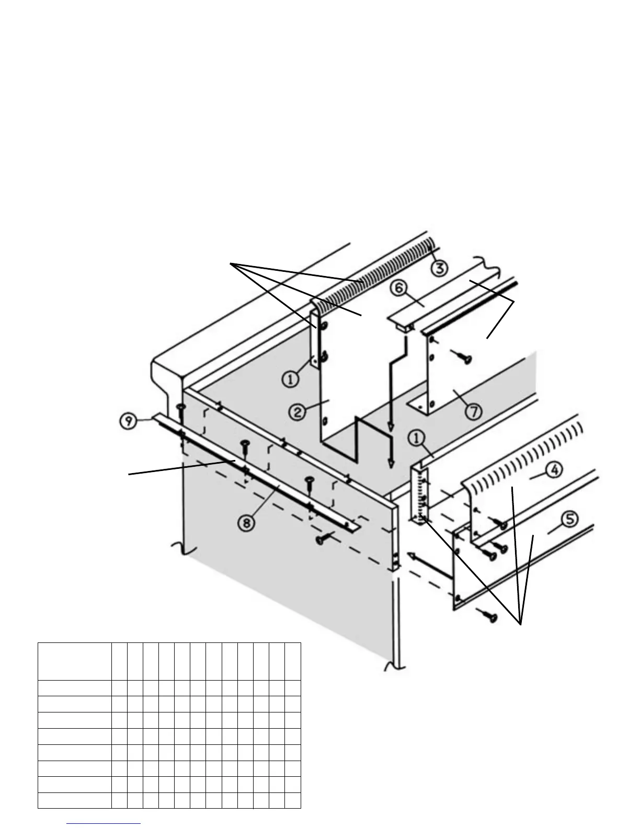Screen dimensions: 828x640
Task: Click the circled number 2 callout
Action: pyautogui.click(x=298, y=411)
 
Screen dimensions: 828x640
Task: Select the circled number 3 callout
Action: pyautogui.click(x=439, y=268)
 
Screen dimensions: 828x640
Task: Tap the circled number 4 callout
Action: pyautogui.click(x=554, y=470)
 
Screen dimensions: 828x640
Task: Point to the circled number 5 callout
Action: pyautogui.click(x=569, y=519)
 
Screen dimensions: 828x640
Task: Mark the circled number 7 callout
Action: pyautogui.click(x=474, y=411)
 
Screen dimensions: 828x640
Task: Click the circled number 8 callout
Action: pyautogui.click(x=247, y=522)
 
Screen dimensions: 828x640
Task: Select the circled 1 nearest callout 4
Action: pyautogui.click(x=417, y=438)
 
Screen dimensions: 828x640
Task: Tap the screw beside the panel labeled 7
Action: pyautogui.click(x=463, y=357)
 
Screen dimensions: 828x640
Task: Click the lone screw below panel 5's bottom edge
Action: pyautogui.click(x=489, y=616)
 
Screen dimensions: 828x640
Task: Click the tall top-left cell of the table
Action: pyautogui.click(x=74, y=661)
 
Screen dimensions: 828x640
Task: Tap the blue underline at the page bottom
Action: pyautogui.click(x=104, y=824)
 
